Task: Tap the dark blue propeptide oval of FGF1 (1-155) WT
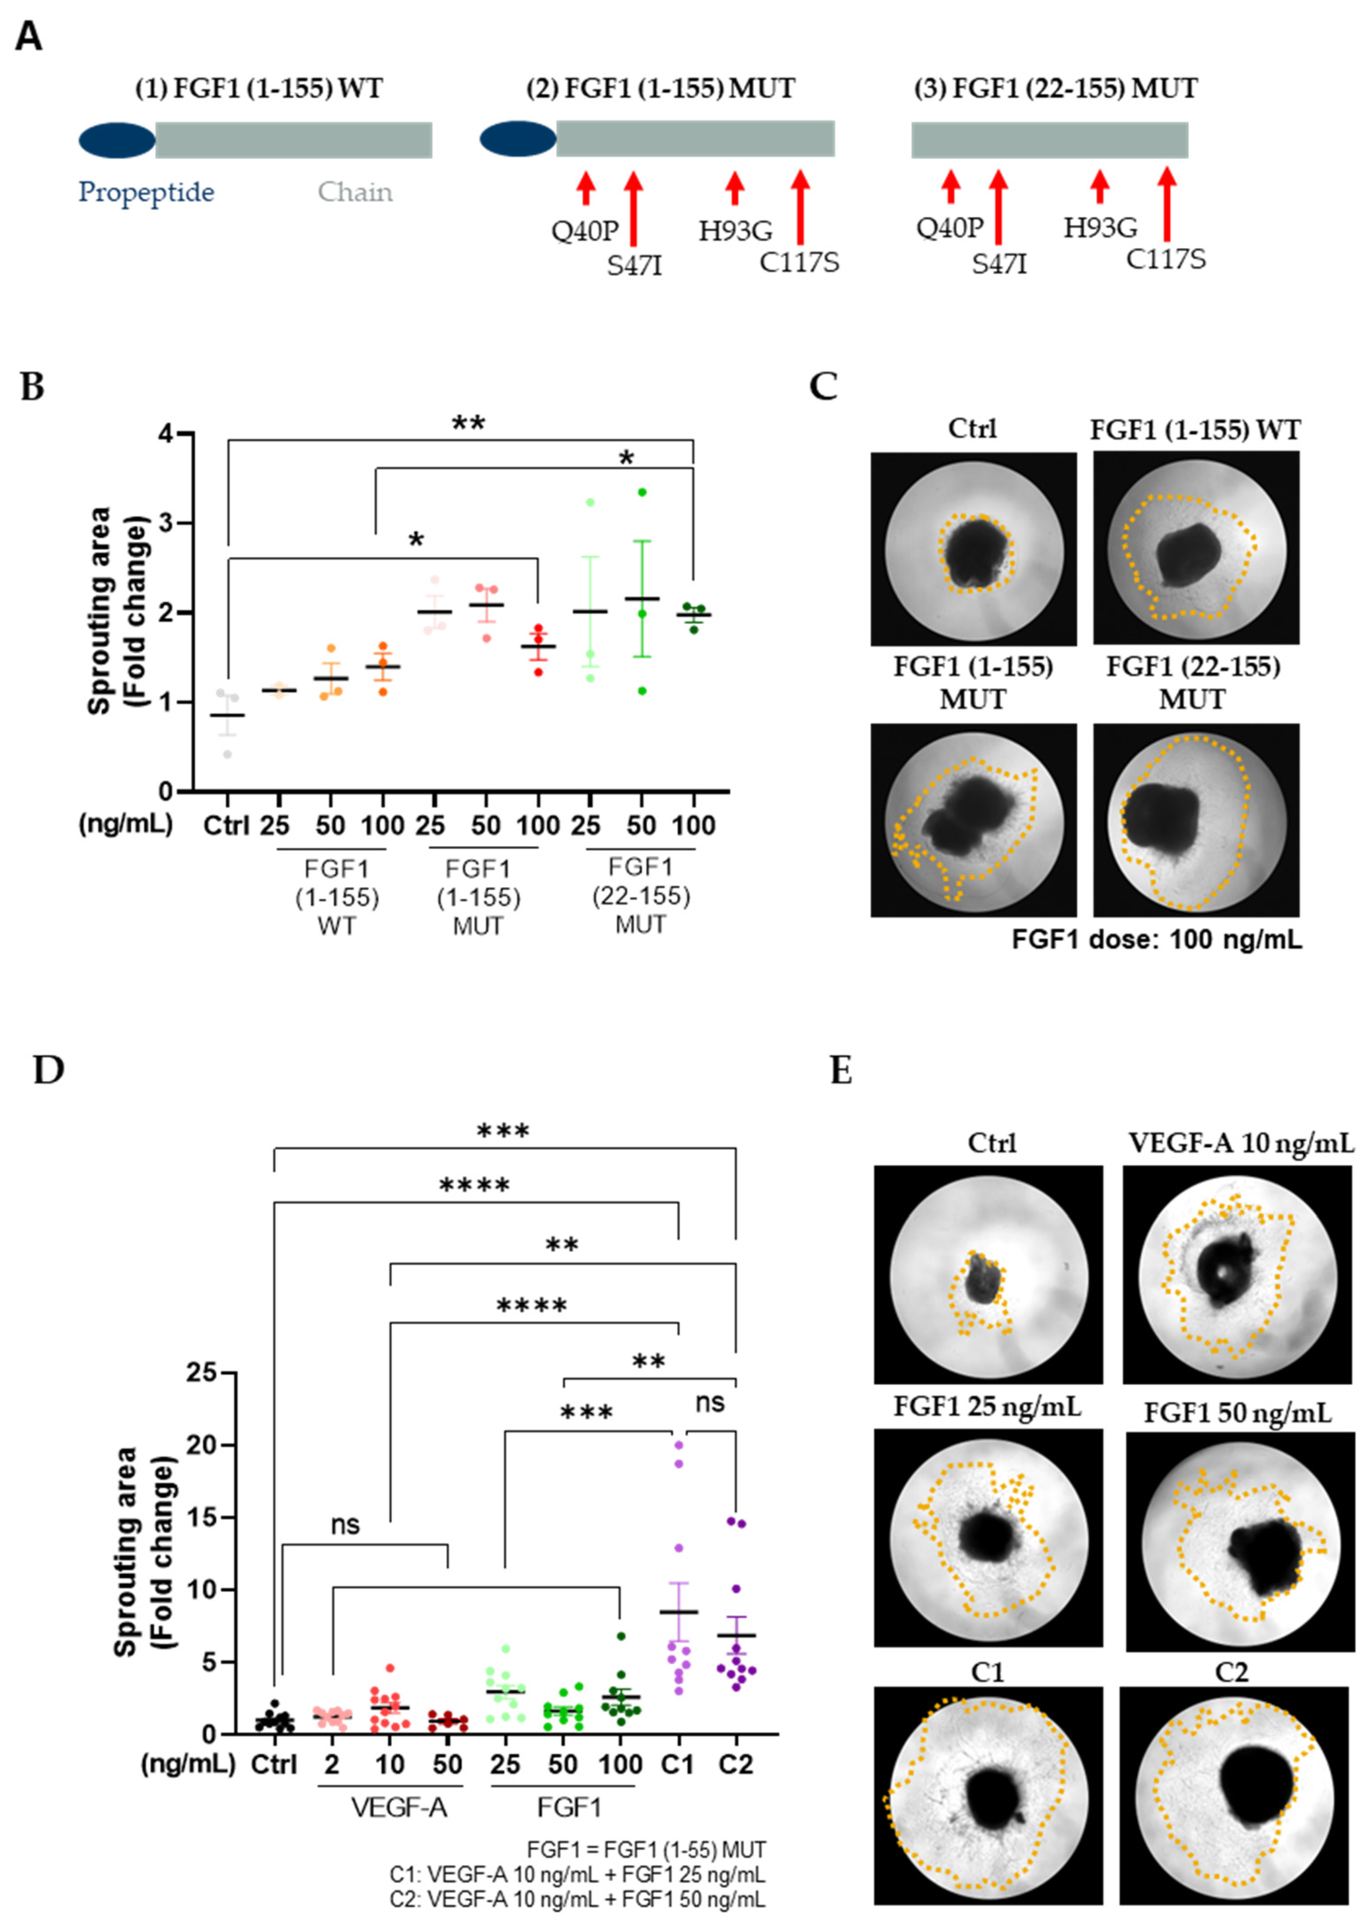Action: pyautogui.click(x=116, y=140)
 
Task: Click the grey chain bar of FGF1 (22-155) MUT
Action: pyautogui.click(x=1049, y=140)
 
